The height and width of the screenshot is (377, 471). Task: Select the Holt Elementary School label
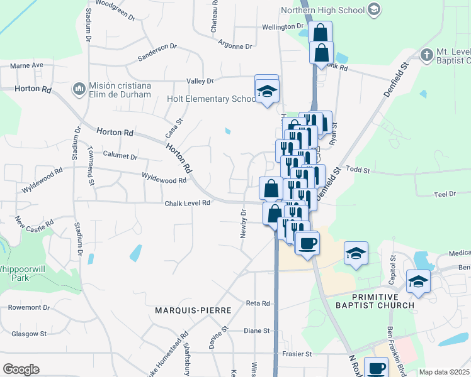pyautogui.click(x=210, y=99)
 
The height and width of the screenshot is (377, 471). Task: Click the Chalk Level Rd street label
pyautogui.click(x=187, y=203)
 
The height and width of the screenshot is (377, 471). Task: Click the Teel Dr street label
pyautogui.click(x=444, y=195)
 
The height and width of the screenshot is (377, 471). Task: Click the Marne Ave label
pyautogui.click(x=27, y=65)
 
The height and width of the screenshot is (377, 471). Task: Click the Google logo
pyautogui.click(x=21, y=369)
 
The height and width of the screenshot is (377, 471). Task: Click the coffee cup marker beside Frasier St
pyautogui.click(x=377, y=368)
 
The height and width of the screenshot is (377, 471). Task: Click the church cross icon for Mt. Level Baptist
pyautogui.click(x=428, y=55)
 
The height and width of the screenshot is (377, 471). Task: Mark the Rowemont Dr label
pyautogui.click(x=25, y=307)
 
